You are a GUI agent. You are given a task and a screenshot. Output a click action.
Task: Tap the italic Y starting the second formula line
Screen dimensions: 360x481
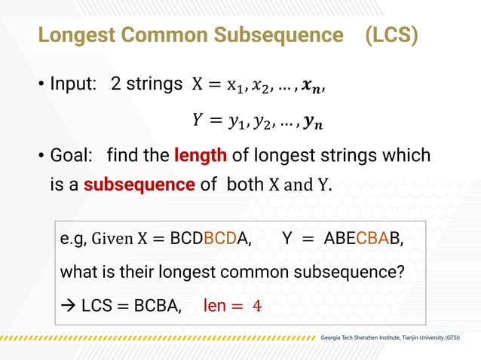pyautogui.click(x=198, y=118)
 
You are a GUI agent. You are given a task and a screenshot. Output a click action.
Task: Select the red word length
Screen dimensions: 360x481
pyautogui.click(x=200, y=156)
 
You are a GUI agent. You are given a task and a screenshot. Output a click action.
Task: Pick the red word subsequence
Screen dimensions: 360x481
pyautogui.click(x=139, y=183)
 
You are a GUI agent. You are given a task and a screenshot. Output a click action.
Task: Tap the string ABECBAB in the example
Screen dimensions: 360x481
pyautogui.click(x=363, y=239)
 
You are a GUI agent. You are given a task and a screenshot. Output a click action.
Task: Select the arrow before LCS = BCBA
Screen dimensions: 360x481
pyautogui.click(x=68, y=307)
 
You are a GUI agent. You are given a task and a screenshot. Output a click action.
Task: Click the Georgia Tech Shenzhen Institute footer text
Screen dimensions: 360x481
pyautogui.click(x=390, y=335)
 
